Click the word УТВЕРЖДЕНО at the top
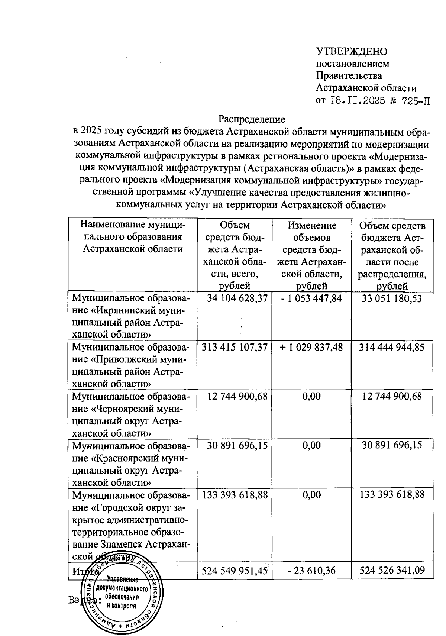pos(351,51)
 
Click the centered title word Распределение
pos(252,119)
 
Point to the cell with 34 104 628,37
pos(235,298)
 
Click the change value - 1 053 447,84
pos(311,298)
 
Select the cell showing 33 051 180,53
pos(392,298)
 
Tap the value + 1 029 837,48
pos(311,347)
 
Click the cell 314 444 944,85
pos(392,347)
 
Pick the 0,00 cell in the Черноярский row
pos(311,396)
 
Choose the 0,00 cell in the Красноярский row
pos(311,445)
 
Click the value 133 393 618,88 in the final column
pos(392,494)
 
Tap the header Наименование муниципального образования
pos(133,237)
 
